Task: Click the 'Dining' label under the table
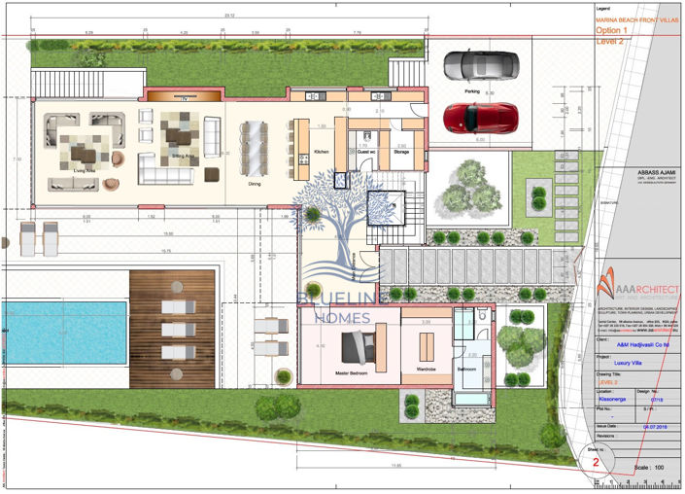(x=255, y=183)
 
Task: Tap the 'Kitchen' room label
(x=322, y=153)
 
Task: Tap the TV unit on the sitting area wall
(x=181, y=97)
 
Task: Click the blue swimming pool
(x=62, y=332)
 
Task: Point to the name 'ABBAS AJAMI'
(x=628, y=164)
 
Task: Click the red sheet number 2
(x=596, y=463)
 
